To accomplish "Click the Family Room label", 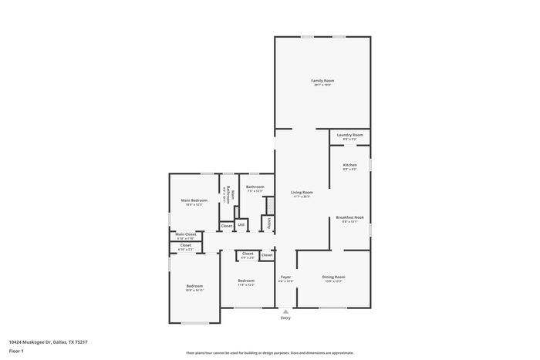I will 322,81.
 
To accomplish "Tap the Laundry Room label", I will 349,135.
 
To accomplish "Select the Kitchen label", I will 349,166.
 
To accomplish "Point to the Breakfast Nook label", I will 349,218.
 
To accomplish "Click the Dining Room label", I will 333,277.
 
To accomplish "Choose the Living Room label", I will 302,193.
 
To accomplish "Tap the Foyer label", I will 285,277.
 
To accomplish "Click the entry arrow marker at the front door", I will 285,311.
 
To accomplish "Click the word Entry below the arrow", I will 285,318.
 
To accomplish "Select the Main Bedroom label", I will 194,200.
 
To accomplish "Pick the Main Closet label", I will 185,234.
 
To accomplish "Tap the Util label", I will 241,226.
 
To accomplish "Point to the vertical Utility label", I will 268,223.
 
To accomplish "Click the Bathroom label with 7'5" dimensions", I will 255,187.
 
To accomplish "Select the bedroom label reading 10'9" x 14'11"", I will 194,287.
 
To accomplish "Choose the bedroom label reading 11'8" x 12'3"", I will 246,281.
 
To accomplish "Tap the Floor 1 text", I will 16,352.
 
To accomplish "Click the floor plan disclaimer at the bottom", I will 269,352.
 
